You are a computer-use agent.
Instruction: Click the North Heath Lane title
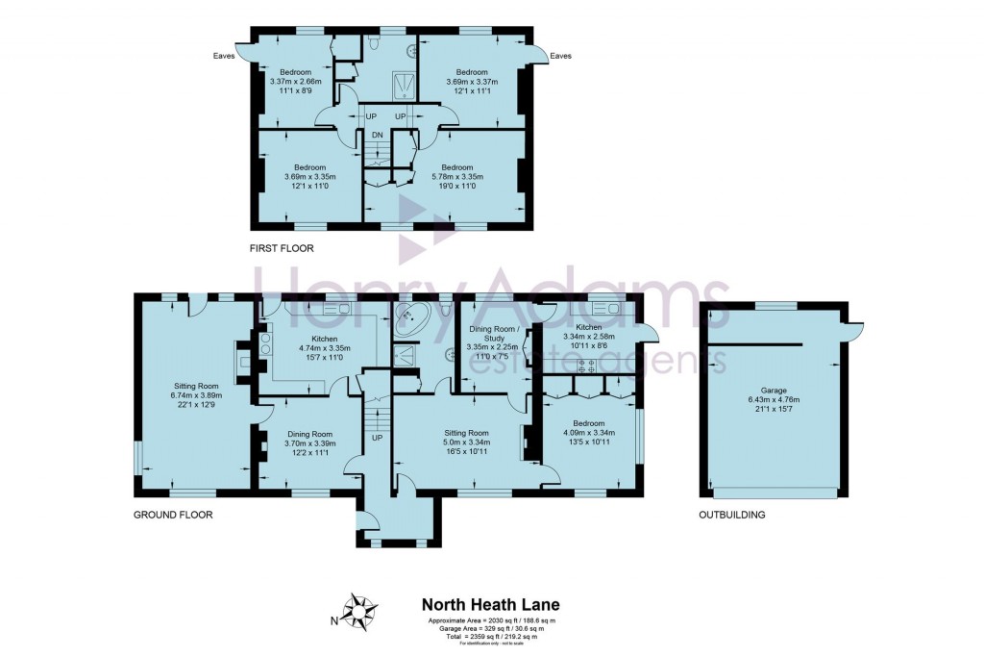tap(491, 605)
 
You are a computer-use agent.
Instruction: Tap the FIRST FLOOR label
tap(282, 248)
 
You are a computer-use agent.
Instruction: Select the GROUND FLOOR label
tap(173, 515)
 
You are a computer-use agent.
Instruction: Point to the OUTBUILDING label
tap(731, 515)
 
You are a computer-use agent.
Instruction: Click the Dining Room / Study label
tap(491, 339)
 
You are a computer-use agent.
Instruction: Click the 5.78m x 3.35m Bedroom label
tap(456, 177)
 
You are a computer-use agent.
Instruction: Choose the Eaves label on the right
tap(561, 56)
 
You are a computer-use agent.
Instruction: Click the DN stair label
tap(378, 135)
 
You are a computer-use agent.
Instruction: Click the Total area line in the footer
tap(491, 637)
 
